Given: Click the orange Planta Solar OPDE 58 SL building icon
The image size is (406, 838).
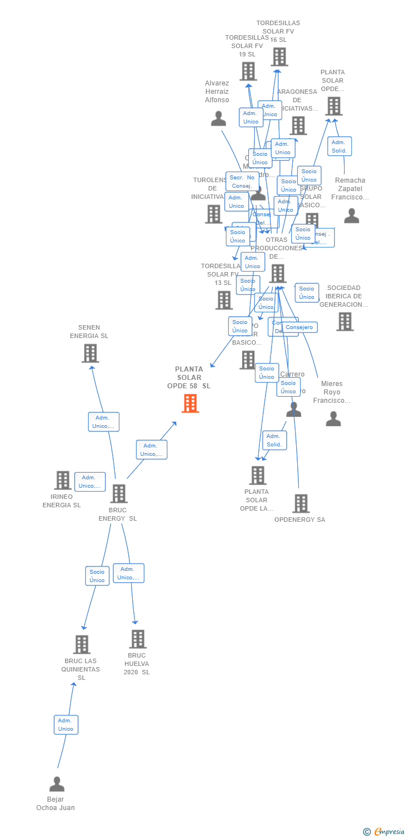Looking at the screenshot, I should pos(190,403).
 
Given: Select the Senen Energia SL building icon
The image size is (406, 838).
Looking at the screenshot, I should pos(90,353).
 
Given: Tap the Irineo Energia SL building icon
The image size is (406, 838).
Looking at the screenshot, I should pos(62,480).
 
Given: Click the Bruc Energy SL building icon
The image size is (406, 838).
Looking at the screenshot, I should pos(119,494).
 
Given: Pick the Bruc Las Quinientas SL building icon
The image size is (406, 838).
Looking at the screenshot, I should pos(82,645).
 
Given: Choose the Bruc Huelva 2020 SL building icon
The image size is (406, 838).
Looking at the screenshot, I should pos(138,639).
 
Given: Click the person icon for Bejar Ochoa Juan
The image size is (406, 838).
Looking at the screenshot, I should pos(57,784).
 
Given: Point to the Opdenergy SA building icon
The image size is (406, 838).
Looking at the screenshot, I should pos(301,503).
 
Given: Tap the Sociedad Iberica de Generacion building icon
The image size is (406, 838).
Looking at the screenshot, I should pos(345,322).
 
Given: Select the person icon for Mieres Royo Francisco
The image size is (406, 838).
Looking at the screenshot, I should pos(333,419).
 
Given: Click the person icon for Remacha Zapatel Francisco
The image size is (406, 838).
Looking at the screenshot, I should pos(351,216).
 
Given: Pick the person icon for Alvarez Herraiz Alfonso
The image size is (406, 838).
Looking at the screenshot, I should pos(219,118).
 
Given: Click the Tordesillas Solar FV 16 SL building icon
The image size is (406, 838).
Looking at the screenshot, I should pos(279,57).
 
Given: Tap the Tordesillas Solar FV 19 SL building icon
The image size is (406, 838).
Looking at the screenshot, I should pos(248,72).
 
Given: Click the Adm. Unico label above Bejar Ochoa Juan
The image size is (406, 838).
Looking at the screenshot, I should pos(66,725).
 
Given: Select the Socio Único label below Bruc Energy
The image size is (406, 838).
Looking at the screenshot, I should pos(97,576).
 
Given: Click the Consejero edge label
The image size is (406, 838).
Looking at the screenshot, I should pos(300,327).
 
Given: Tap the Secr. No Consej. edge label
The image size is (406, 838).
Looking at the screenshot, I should pos(241,182).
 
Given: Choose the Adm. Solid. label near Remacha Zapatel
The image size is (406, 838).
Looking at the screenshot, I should pos(339,146).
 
